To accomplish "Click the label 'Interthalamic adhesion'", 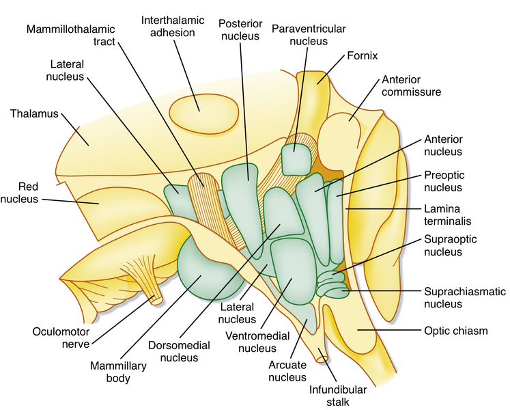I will pyautogui.click(x=173, y=25).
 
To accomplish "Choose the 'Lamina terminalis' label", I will pyautogui.click(x=448, y=214).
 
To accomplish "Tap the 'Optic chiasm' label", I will pyautogui.click(x=456, y=331).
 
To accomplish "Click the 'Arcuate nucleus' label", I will pyautogui.click(x=287, y=369).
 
